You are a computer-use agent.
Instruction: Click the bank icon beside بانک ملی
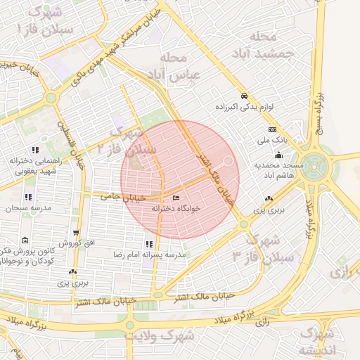click(272, 130)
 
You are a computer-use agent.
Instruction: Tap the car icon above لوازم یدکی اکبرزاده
click(244, 96)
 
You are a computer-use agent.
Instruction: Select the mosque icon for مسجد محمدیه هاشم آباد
click(279, 155)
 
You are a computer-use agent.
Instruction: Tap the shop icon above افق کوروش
click(75, 233)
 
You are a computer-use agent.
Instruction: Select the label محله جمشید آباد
click(268, 43)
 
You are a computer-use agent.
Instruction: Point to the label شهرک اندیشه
click(317, 342)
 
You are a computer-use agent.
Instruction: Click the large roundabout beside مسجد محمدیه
click(316, 167)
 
